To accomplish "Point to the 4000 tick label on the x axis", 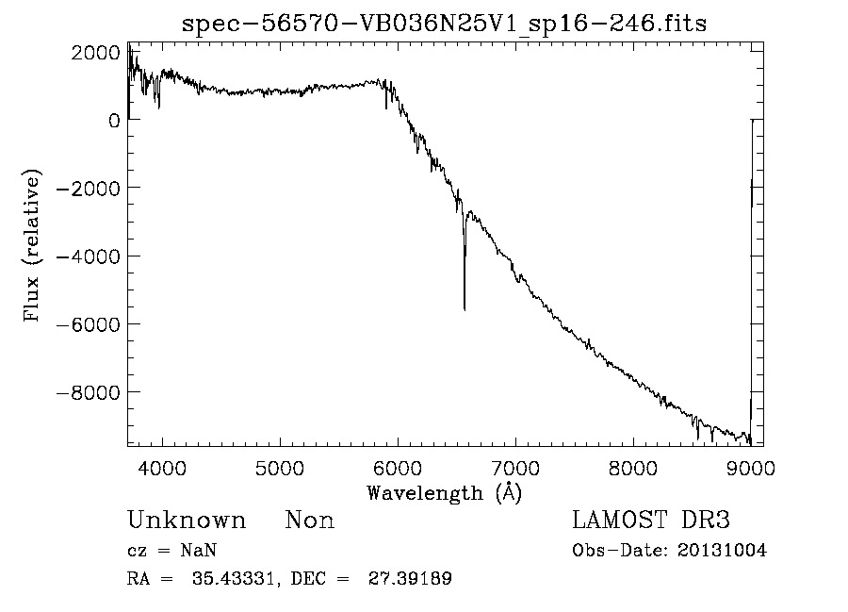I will tap(162, 467).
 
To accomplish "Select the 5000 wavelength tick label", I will tap(280, 467).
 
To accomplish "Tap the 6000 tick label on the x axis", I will tap(398, 467).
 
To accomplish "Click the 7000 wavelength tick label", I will tap(515, 467).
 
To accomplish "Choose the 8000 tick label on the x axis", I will tap(633, 467).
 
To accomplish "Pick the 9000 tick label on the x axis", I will tap(751, 467).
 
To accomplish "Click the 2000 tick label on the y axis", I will tap(95, 53).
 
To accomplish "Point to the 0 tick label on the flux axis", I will tap(113, 121).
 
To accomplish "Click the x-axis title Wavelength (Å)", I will tap(444, 492).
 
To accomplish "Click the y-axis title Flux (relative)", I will tap(33, 247).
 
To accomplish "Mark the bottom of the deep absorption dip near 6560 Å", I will tap(465, 308).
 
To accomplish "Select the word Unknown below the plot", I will tap(187, 521).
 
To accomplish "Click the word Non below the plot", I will tap(310, 521).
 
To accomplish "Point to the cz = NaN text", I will tap(174, 551).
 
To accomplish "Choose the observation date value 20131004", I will tap(722, 551).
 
